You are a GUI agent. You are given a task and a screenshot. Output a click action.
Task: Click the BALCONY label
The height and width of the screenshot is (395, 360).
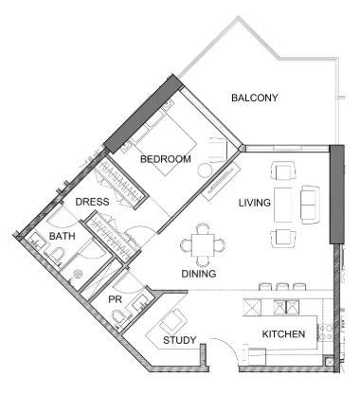254,98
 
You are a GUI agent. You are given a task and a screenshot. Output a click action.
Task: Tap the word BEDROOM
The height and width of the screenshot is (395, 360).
166,160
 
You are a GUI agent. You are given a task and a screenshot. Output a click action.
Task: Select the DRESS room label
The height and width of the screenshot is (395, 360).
92,202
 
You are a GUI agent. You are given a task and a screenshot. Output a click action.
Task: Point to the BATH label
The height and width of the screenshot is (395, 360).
63,236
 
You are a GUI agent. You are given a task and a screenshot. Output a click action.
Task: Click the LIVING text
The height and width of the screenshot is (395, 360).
255,203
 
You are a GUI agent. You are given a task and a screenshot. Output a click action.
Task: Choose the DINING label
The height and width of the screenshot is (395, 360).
200,274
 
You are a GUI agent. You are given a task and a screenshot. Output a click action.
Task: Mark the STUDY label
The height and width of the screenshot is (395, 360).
179,340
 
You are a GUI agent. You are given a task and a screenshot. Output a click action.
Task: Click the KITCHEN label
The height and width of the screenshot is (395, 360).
283,334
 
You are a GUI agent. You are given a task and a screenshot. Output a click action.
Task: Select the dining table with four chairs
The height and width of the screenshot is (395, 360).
203,244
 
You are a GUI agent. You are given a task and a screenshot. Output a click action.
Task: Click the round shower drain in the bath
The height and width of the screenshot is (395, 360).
80,274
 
